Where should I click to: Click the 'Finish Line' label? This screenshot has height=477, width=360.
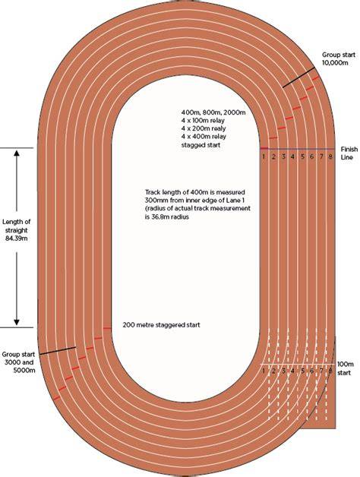(349, 153)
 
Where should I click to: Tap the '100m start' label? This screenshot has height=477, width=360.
(346, 368)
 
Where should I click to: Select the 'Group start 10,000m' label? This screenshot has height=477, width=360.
(339, 58)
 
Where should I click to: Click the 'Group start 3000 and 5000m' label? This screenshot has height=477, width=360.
(18, 362)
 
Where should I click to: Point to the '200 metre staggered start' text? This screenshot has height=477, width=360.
(161, 325)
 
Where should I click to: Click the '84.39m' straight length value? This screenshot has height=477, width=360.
(17, 238)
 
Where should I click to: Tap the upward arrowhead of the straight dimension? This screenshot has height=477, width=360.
(17, 153)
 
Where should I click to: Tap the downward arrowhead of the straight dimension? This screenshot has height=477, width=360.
(17, 322)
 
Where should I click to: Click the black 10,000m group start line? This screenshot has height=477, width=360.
(298, 77)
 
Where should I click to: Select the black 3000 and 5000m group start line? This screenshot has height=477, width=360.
(58, 350)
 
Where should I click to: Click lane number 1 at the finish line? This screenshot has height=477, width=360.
(264, 156)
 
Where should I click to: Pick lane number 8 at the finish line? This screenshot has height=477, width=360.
(330, 156)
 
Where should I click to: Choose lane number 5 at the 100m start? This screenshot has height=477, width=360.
(302, 371)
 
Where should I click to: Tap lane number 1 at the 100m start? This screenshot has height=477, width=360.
(264, 371)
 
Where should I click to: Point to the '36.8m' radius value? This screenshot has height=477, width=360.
(160, 217)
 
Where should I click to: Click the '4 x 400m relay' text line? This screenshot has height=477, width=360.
(204, 137)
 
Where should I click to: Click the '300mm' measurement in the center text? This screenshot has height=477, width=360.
(156, 201)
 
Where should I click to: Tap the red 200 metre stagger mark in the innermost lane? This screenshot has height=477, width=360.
(107, 329)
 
